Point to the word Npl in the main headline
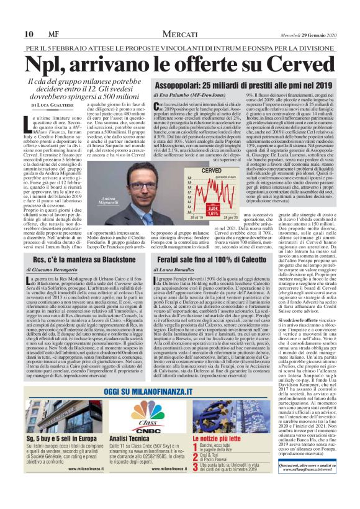coord(43,65)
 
